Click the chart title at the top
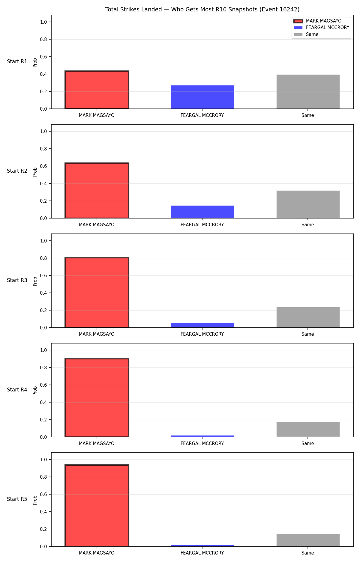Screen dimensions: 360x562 202,9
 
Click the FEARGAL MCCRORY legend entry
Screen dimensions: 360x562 321,28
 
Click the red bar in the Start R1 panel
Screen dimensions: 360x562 97,90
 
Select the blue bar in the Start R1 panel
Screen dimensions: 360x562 202,97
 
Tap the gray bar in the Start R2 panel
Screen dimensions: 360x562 308,204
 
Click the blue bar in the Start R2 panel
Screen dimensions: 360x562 202,212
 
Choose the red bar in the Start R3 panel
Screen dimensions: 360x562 97,293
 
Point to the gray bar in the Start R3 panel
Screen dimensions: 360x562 308,317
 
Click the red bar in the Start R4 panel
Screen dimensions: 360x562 97,398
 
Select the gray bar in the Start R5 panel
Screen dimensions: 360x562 308,540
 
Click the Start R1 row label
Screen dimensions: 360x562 17,61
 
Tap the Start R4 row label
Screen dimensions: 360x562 17,390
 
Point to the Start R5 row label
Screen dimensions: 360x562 17,499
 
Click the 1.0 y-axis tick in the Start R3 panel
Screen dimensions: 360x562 43,241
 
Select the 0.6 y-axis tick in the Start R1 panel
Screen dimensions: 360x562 43,57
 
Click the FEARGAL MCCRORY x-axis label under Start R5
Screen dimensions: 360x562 202,553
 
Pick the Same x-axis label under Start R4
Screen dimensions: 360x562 308,444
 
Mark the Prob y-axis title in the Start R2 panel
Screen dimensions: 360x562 35,172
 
